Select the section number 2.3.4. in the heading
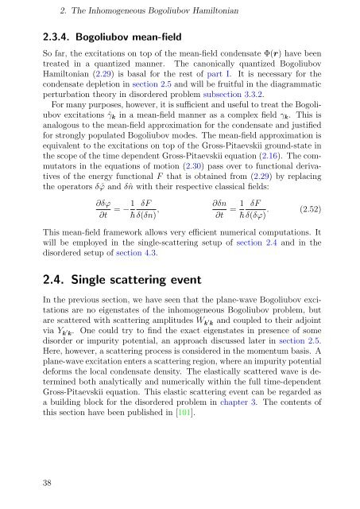pos(39,36)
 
